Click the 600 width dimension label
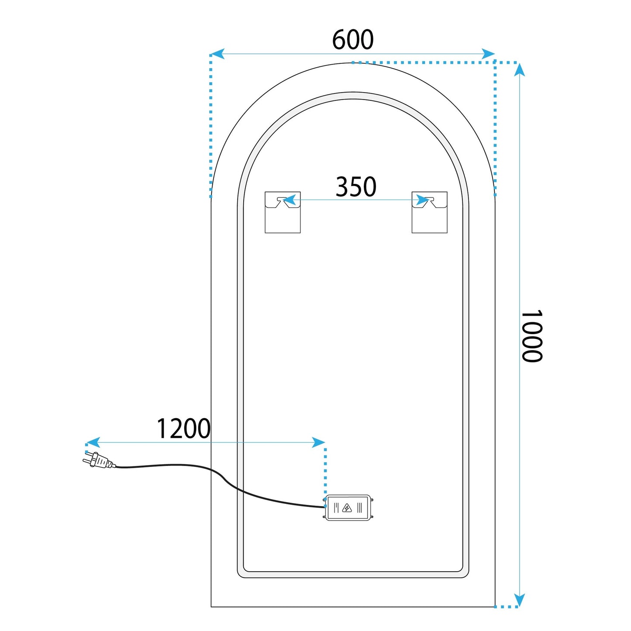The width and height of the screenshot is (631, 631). (353, 40)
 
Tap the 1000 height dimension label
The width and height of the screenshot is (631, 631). (531, 336)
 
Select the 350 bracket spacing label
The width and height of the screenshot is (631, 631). (356, 187)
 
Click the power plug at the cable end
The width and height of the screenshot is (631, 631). (99, 460)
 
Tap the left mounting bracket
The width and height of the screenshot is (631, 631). (283, 212)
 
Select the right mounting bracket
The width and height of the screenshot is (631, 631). (429, 212)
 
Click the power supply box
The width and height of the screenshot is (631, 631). (348, 507)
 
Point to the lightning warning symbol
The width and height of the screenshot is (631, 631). (348, 507)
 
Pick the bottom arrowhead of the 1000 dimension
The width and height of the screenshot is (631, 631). (519, 600)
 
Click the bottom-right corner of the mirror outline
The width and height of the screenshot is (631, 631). (495, 607)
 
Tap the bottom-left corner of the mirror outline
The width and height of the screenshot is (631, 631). (211, 607)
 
